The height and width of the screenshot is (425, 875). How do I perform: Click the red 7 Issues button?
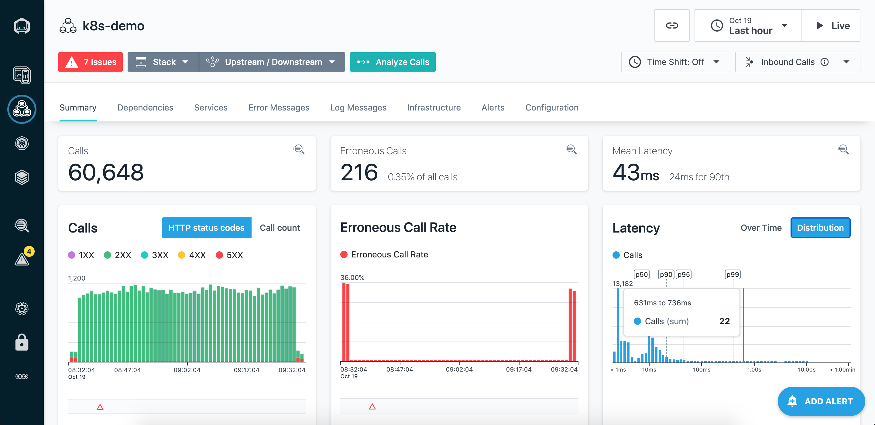[90, 62]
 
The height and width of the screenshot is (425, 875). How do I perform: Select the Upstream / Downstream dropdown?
[272, 62]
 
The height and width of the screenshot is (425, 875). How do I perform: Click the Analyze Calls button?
[393, 62]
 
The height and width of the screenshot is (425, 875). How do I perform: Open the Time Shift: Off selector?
[675, 62]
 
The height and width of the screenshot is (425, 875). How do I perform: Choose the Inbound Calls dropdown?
[798, 62]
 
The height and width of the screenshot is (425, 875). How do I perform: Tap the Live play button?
[831, 25]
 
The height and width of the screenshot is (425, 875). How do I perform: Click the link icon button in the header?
[672, 25]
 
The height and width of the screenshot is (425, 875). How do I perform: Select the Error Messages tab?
[279, 107]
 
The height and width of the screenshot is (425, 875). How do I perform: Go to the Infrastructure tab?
[434, 107]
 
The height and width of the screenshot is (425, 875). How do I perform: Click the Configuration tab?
[552, 107]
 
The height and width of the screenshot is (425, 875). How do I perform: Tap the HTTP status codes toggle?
[207, 228]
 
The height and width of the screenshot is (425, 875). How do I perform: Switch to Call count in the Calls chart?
[280, 228]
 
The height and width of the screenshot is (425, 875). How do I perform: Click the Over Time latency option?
[761, 228]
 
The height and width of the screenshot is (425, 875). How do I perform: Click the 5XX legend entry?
[230, 255]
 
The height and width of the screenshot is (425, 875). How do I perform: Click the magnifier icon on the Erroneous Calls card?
[571, 149]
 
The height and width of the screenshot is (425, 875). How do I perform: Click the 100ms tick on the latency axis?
[702, 370]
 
